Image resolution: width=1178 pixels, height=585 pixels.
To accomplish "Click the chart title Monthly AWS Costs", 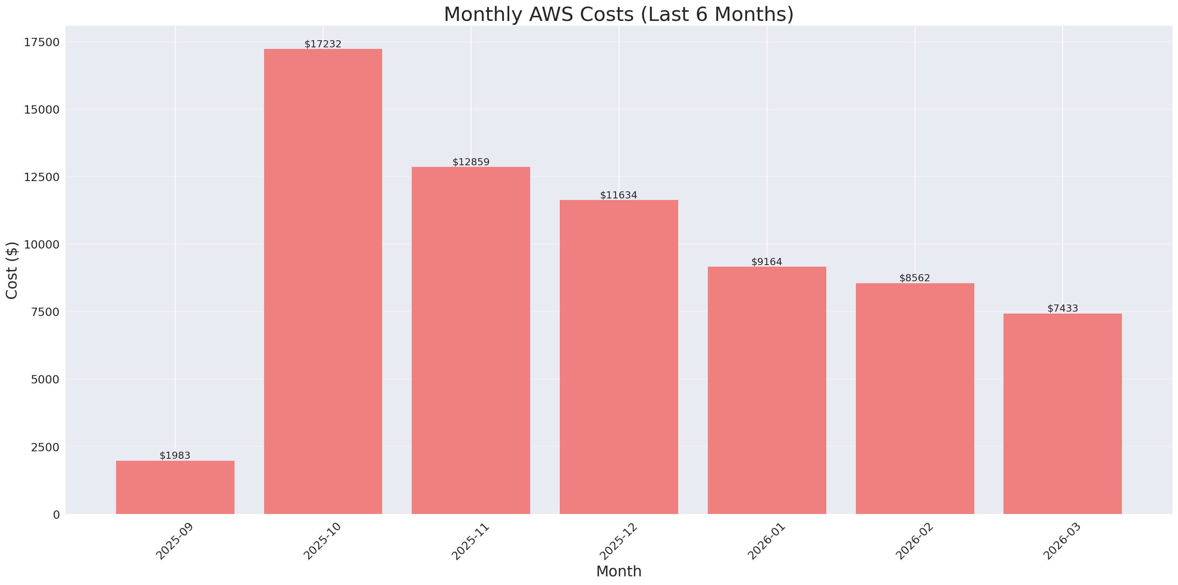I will coord(618,14).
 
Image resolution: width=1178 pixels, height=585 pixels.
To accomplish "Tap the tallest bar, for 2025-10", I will coord(323,282).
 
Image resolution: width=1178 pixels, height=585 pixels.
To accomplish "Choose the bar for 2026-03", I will coord(1062,414).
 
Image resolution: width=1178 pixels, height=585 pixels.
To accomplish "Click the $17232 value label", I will coord(323,44).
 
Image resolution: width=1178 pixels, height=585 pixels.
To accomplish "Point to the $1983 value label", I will coord(175,456).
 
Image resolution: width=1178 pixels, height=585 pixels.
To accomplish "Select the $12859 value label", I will coord(471,162).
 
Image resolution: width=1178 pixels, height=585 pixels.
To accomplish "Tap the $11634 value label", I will coord(618,196).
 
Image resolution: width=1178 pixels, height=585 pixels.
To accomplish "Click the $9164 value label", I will coord(767,262).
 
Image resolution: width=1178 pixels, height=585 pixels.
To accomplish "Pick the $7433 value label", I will coord(1062,308).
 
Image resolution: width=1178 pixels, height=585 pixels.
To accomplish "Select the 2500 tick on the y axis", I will coord(45,447).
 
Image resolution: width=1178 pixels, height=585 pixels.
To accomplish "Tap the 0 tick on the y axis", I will coord(56,515).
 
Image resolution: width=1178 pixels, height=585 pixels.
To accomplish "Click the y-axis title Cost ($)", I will coord(12,270).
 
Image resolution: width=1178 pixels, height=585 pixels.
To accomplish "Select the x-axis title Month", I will coord(618,572).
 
